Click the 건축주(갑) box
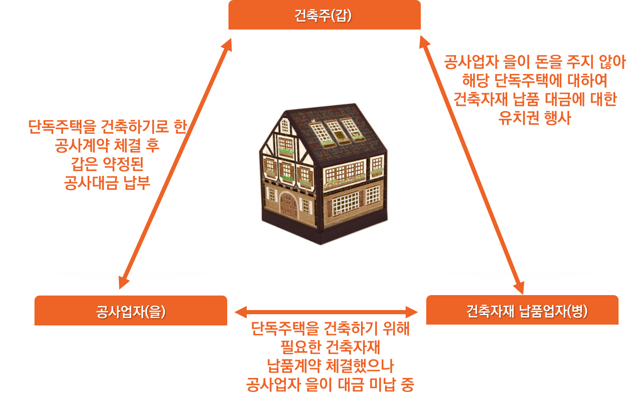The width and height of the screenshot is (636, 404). tap(324, 15)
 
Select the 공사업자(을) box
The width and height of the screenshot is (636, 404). tap(130, 311)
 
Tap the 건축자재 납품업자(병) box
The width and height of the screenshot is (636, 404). tap(522, 310)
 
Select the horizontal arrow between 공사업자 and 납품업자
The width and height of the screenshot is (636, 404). tap(326, 312)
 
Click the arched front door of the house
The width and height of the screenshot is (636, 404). tap(287, 204)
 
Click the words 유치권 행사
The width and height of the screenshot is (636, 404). tap(534, 118)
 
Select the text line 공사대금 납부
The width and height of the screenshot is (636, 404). tap(107, 183)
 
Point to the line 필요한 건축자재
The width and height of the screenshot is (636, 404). tap(330, 347)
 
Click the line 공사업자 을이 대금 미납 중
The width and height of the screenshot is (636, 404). tap(330, 384)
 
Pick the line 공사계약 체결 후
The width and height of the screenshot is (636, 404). tap(107, 145)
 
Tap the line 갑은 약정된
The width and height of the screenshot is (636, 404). tap(107, 164)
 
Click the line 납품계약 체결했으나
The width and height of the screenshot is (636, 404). tap(330, 366)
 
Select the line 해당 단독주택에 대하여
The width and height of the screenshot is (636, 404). tap(534, 81)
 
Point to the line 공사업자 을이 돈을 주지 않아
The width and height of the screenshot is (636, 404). tap(534, 62)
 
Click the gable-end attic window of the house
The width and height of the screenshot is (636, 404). tap(285, 125)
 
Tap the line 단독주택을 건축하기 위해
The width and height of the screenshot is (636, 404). tap(330, 328)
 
